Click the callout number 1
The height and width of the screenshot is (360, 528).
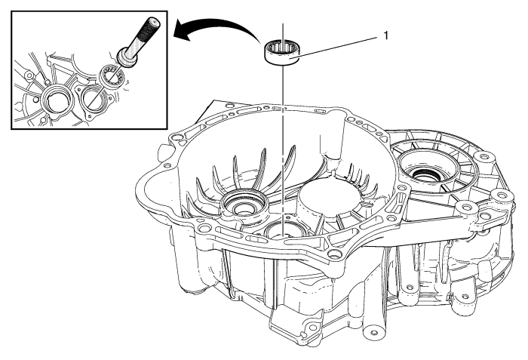[386, 35]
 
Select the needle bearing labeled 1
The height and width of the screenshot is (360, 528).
[281, 51]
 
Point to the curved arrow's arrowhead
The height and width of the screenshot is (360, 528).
[182, 32]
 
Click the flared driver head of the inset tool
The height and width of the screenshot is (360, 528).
[127, 57]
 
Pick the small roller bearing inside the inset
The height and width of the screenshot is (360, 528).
[112, 75]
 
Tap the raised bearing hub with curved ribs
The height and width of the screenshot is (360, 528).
[244, 205]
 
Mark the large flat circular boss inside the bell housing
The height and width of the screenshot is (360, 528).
[329, 195]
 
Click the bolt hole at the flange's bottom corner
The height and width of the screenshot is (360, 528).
[333, 253]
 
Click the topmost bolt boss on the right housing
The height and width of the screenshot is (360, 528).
[484, 157]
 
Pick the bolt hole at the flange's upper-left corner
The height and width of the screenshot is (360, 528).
[176, 139]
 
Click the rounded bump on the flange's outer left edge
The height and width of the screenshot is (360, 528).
[162, 151]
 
